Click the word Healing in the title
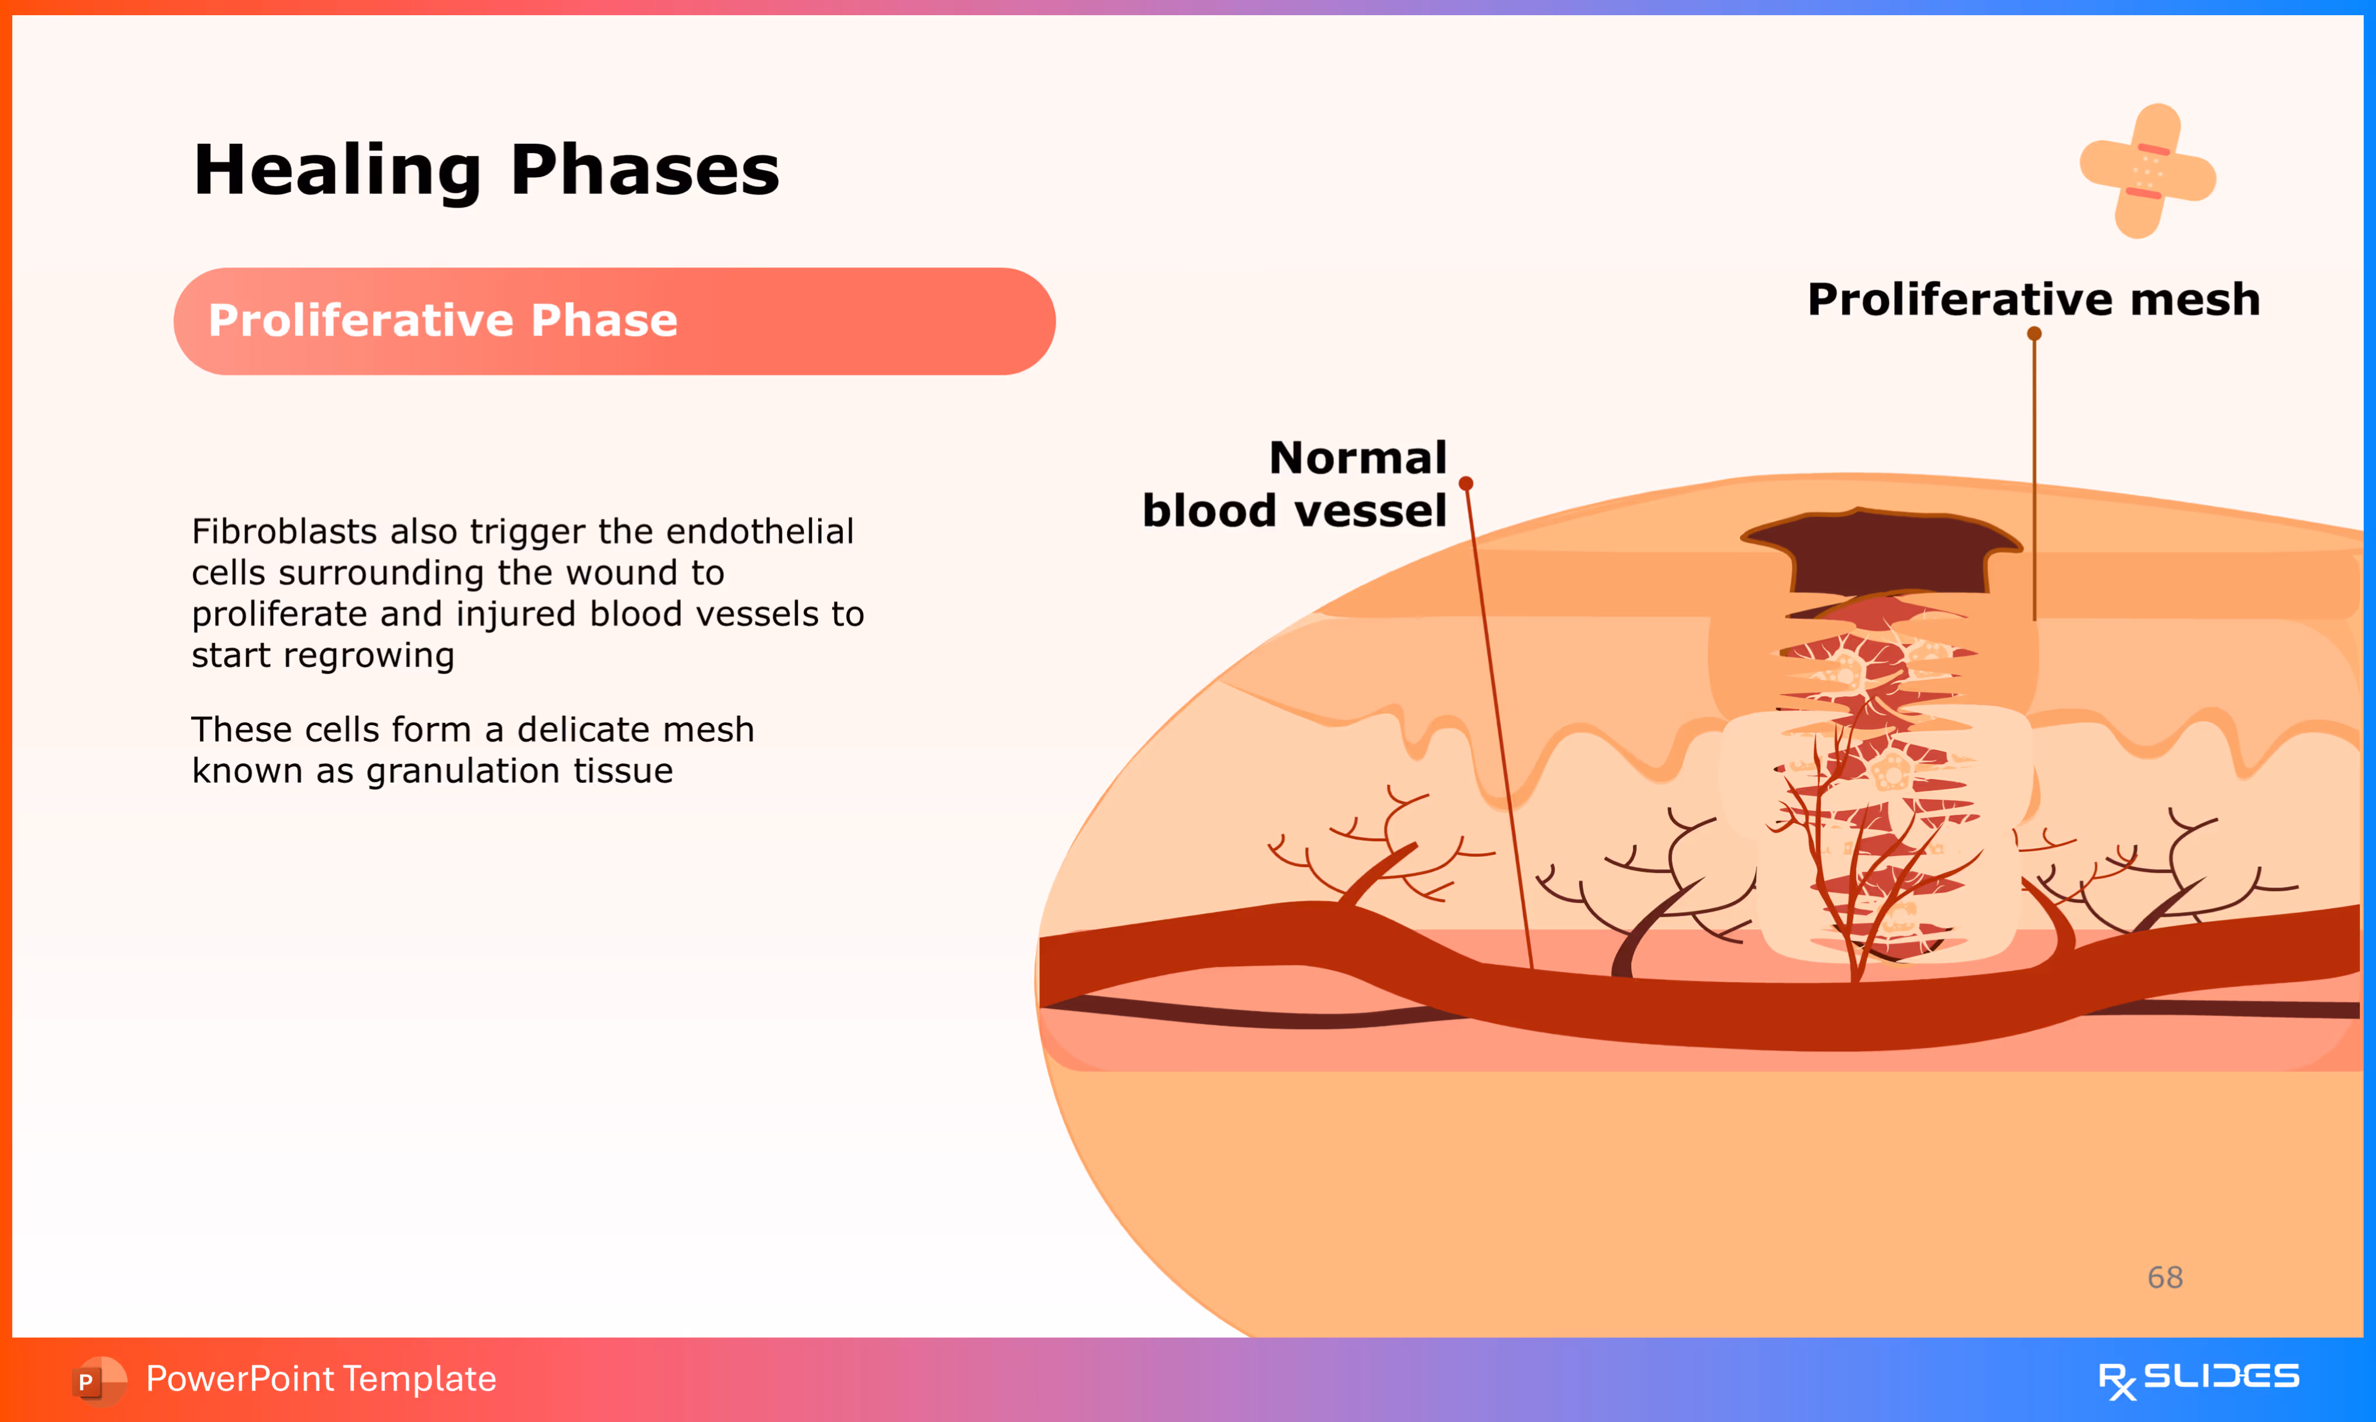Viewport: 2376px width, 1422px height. coord(337,171)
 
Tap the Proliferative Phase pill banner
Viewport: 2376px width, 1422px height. coord(614,321)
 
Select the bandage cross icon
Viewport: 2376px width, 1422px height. coord(2147,171)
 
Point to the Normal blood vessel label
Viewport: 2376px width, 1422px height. coord(1294,484)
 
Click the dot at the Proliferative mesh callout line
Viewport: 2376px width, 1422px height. coord(2034,333)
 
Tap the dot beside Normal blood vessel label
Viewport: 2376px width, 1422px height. coord(1466,483)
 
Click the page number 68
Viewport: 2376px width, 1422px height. coord(2165,1278)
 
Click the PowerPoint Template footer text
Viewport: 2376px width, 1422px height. coord(321,1379)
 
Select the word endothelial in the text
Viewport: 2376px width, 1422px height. coord(760,531)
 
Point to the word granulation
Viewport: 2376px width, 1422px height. coord(465,771)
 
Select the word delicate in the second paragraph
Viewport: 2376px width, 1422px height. coord(578,730)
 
